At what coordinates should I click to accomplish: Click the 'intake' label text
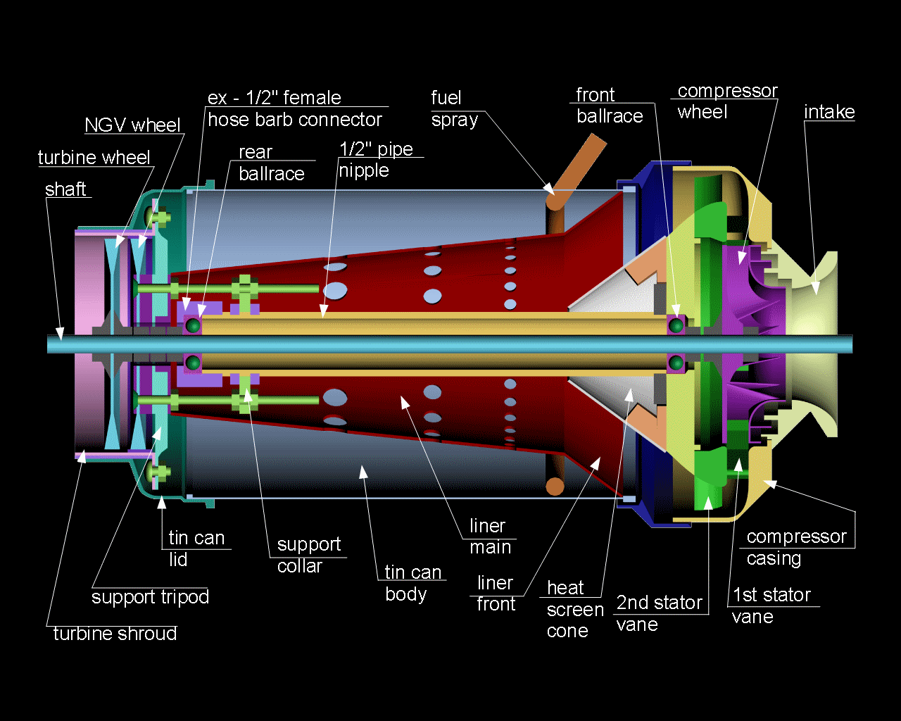point(829,112)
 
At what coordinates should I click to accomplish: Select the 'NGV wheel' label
point(132,125)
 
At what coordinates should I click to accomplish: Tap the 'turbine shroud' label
point(115,634)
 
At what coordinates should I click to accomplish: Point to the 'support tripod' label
point(150,597)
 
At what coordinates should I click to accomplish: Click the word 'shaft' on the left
point(65,189)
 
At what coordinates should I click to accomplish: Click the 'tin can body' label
point(412,583)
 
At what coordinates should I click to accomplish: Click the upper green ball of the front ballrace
point(676,325)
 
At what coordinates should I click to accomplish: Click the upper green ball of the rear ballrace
point(193,325)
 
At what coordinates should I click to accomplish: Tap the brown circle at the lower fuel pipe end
point(555,486)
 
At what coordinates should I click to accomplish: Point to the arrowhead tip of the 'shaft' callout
point(61,339)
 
